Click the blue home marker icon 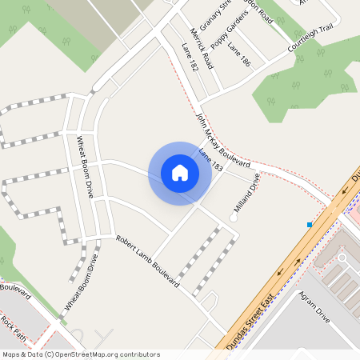tap(180, 173)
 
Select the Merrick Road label tap(199, 47)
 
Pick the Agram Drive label tap(314, 306)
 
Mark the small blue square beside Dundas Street tap(310, 225)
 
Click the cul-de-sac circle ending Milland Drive tap(234, 216)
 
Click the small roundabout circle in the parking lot tap(342, 258)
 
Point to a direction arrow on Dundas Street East tap(280, 273)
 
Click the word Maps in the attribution tap(11, 354)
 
